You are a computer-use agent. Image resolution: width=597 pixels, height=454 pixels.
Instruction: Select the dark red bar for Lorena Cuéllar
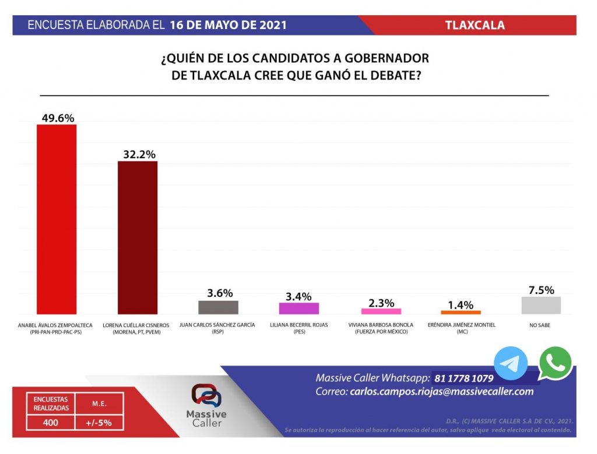click(138, 237)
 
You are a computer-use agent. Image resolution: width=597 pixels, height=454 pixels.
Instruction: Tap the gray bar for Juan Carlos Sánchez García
click(219, 307)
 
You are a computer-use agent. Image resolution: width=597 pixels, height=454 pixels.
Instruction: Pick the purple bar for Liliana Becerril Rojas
click(299, 308)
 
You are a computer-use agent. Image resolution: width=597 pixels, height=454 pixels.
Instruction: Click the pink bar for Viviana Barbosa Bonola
click(381, 311)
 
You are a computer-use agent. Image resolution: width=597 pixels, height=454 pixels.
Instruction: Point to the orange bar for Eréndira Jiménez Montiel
click(461, 313)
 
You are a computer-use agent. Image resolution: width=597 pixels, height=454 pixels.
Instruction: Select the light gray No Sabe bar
click(541, 306)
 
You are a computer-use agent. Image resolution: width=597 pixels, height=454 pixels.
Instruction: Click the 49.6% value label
click(58, 118)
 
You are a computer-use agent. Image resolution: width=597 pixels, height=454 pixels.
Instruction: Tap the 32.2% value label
click(139, 154)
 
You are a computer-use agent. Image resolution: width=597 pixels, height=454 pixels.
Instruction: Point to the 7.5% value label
click(542, 290)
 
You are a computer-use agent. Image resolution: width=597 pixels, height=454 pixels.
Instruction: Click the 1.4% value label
click(461, 305)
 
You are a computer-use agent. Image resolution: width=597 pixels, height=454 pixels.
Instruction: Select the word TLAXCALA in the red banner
click(475, 25)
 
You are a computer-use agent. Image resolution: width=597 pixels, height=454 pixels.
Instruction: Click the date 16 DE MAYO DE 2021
click(228, 25)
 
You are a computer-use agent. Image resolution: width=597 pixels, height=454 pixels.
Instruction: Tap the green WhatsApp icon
click(555, 363)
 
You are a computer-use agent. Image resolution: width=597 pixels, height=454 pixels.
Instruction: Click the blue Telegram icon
click(511, 364)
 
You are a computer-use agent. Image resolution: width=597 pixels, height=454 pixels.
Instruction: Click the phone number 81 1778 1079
click(463, 378)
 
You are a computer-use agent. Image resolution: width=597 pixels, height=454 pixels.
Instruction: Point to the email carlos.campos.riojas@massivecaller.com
click(441, 392)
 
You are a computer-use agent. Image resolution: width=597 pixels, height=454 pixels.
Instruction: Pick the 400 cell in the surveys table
click(51, 423)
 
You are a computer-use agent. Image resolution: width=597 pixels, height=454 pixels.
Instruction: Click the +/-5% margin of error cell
click(99, 423)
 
